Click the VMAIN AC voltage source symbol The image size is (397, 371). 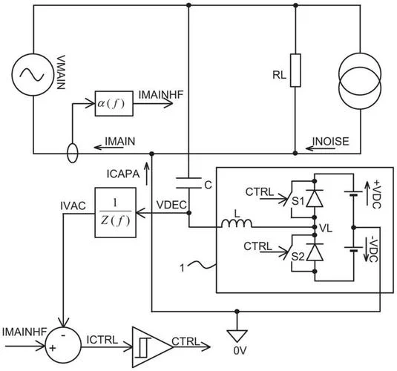[x=33, y=75]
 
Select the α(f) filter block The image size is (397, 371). [x=114, y=104]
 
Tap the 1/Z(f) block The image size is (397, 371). [x=116, y=213]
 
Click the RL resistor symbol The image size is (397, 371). [x=295, y=70]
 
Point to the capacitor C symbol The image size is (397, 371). [x=188, y=183]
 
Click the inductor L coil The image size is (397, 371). [x=237, y=223]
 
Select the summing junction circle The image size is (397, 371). [x=63, y=344]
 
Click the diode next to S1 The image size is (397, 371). [x=315, y=199]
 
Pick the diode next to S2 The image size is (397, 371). [x=315, y=252]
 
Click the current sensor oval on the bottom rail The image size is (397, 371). [x=73, y=153]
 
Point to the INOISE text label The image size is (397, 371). [x=331, y=141]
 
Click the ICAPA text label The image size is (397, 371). [x=123, y=174]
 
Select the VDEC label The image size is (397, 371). [x=171, y=205]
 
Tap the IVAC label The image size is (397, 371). [x=73, y=206]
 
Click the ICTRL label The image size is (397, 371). [x=102, y=340]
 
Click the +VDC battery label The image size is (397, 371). [x=376, y=194]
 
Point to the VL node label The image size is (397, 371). [x=326, y=229]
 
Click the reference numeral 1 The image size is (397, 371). [x=182, y=268]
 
